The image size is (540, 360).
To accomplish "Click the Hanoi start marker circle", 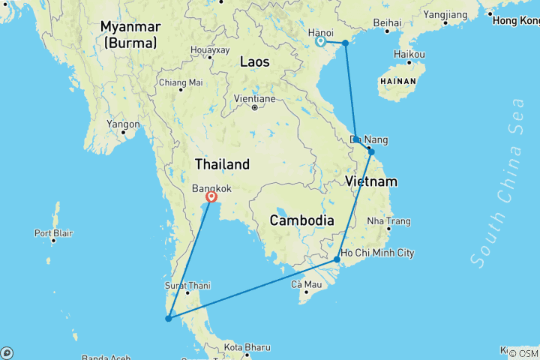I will click(320, 41).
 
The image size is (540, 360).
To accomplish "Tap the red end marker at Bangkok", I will click(211, 197).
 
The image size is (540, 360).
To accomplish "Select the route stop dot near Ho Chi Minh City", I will click(337, 259).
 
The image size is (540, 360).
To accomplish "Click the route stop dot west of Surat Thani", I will click(168, 319).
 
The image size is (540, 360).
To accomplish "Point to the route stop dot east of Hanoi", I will click(345, 43).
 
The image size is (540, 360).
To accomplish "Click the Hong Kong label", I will click(516, 20).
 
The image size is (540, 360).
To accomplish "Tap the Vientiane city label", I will click(254, 98).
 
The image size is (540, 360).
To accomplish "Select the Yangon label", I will click(123, 124).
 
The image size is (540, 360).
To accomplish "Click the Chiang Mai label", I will click(181, 82).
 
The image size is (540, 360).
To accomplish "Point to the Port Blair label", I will click(53, 232).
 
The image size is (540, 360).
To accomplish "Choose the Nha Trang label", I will click(388, 221).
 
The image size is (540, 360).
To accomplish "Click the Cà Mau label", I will click(306, 284).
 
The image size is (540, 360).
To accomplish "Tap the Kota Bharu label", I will click(246, 347).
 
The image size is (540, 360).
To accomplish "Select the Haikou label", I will click(409, 55).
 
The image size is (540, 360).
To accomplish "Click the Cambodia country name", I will click(301, 220).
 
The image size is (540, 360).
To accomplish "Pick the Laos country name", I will click(254, 62).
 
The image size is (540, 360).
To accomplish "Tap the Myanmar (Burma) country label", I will click(130, 35).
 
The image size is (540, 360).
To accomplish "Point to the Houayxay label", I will click(210, 50).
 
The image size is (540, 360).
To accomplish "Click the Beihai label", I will click(387, 23).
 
